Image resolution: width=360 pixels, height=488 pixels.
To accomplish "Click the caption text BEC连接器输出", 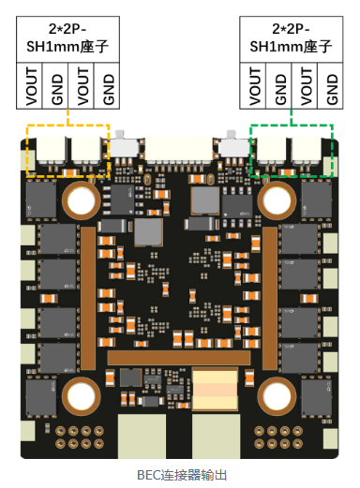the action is tap(182, 475).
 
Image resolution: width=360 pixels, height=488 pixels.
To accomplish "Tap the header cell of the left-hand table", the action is tap(67, 39).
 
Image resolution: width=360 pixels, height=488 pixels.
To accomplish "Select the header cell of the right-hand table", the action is tap(292, 39).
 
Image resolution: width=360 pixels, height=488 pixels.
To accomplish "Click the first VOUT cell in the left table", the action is tap(29, 86).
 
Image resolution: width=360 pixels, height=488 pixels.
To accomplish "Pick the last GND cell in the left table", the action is tap(107, 86).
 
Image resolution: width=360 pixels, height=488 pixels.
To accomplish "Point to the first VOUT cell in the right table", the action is tap(253, 86).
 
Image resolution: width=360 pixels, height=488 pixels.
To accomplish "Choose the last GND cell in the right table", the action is tap(330, 86).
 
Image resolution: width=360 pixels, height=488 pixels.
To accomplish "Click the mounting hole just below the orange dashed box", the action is tap(82, 200).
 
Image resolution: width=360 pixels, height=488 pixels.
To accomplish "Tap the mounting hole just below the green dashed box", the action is tap(277, 200).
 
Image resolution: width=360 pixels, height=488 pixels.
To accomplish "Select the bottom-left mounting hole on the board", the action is tap(82, 396).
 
